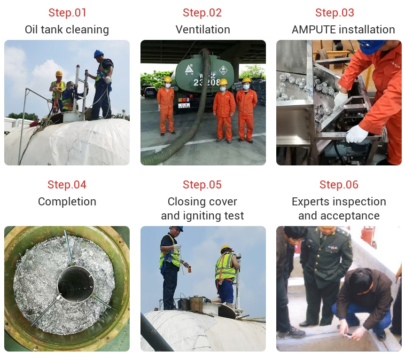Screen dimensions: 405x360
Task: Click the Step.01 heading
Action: click(67, 13)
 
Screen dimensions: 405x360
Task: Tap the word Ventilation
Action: click(203, 30)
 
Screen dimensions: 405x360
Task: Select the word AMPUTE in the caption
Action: click(310, 30)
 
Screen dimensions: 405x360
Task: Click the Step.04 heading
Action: click(67, 185)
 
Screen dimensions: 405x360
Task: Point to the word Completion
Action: click(67, 202)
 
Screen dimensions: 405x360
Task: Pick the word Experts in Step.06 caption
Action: click(308, 202)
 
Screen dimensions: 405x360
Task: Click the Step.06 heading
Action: click(339, 185)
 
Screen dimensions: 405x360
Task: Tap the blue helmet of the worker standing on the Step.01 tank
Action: click(98, 54)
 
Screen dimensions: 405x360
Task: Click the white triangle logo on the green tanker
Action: click(189, 69)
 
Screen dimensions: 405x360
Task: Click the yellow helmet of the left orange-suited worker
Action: click(168, 79)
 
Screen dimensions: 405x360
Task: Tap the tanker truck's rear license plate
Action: click(184, 105)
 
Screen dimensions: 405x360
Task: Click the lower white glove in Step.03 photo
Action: click(357, 134)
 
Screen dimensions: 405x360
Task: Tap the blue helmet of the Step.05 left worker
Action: click(177, 228)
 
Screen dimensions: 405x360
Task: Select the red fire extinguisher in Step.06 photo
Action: click(368, 235)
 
